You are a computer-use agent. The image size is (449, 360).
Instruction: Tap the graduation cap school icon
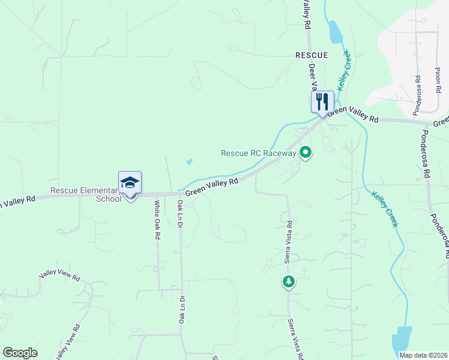[130, 182]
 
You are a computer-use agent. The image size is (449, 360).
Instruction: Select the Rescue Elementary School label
[86, 194]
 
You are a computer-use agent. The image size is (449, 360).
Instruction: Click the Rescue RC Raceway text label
[259, 153]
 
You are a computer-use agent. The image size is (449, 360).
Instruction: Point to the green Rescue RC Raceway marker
[306, 153]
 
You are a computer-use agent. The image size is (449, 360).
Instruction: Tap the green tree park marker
[289, 281]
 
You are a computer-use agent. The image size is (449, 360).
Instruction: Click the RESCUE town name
[312, 55]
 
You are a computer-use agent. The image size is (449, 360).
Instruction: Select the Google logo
[20, 353]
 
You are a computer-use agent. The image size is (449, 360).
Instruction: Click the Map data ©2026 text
[423, 355]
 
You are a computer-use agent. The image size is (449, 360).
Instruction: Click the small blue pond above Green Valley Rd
[190, 161]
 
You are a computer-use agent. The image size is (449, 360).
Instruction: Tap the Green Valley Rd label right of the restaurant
[354, 115]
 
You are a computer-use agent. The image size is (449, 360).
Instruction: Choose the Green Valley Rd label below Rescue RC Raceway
[212, 187]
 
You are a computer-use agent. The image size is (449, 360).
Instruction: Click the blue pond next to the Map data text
[402, 340]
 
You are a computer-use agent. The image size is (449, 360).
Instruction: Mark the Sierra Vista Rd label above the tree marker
[289, 242]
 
